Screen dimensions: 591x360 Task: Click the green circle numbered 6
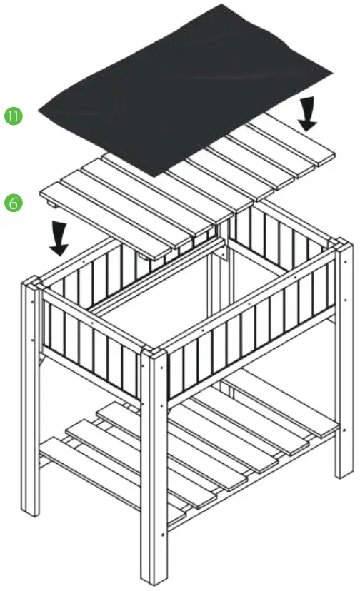[13, 203]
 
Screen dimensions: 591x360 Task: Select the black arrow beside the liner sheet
[308, 115]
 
